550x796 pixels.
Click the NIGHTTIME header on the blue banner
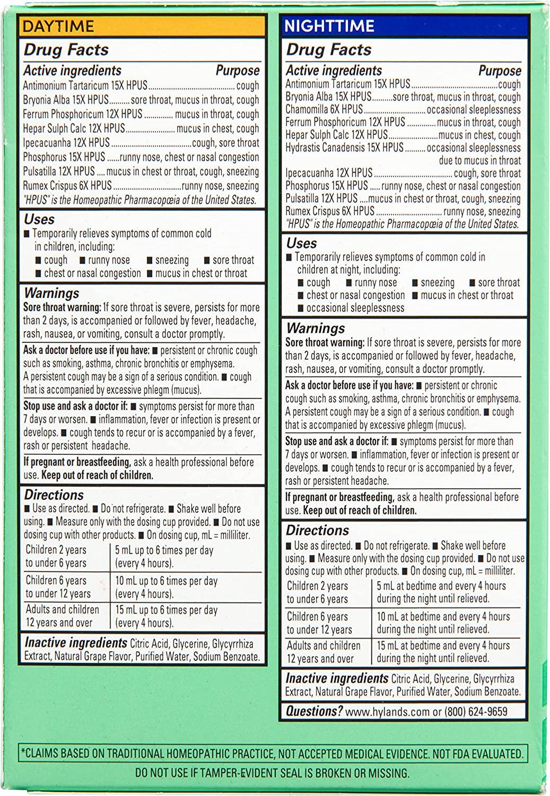point(329,26)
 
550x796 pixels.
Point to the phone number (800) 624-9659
point(476,712)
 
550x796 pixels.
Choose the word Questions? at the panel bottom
point(314,711)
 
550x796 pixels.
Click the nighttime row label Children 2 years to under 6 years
point(317,592)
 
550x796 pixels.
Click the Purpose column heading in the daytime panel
point(238,71)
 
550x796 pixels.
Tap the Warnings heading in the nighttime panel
point(316,328)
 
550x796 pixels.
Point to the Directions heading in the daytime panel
point(54,495)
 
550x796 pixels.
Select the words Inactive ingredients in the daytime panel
point(75,643)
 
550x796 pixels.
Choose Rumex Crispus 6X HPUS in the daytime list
point(67,186)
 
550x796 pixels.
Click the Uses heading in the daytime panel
point(39,219)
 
